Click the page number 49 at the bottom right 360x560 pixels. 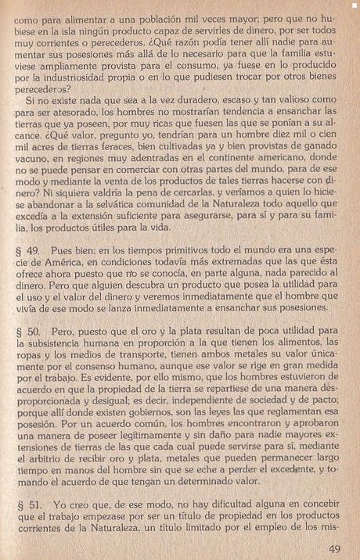[x=333, y=547]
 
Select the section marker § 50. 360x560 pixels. [x=27, y=332]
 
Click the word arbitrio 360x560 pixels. [x=77, y=454]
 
